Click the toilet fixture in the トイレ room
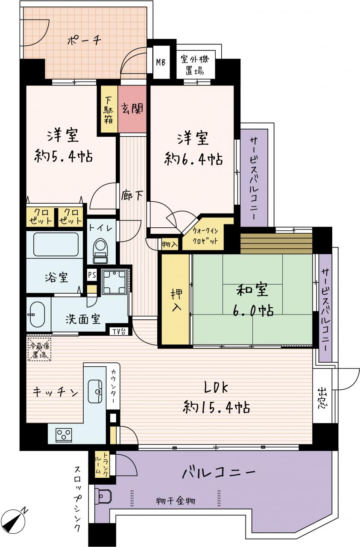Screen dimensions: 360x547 pos(100,251)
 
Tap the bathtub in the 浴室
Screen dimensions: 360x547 pos(56,244)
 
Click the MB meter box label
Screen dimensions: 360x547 pos(161,62)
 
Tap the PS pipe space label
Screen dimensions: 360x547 pos(92,275)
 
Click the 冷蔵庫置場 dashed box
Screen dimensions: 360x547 pos(40,350)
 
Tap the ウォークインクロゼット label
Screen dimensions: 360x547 pos(205,235)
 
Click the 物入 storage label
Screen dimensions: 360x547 pos(170,244)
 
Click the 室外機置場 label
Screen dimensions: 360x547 pos(195,65)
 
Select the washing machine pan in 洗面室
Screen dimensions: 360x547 pos(114,282)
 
